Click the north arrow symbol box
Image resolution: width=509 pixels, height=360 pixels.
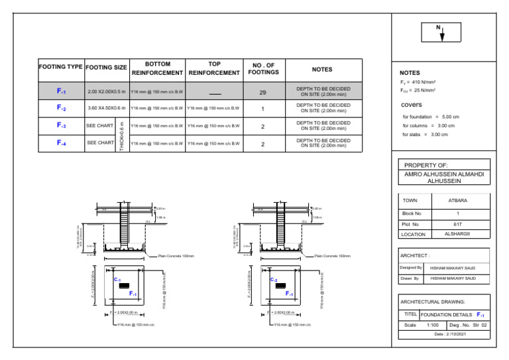(441, 32)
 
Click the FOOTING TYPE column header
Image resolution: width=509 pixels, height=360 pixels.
(61, 68)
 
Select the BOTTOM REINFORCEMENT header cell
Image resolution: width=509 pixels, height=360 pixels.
(158, 68)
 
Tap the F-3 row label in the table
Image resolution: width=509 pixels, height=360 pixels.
(61, 125)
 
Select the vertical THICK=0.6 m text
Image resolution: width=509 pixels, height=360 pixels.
(122, 135)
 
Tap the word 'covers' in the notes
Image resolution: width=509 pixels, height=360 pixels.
(411, 105)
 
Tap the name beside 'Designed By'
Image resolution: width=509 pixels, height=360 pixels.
(453, 268)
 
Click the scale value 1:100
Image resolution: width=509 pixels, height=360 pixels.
(433, 326)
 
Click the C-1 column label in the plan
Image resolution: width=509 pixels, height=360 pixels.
(117, 280)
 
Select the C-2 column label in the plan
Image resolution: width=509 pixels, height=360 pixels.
(273, 280)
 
